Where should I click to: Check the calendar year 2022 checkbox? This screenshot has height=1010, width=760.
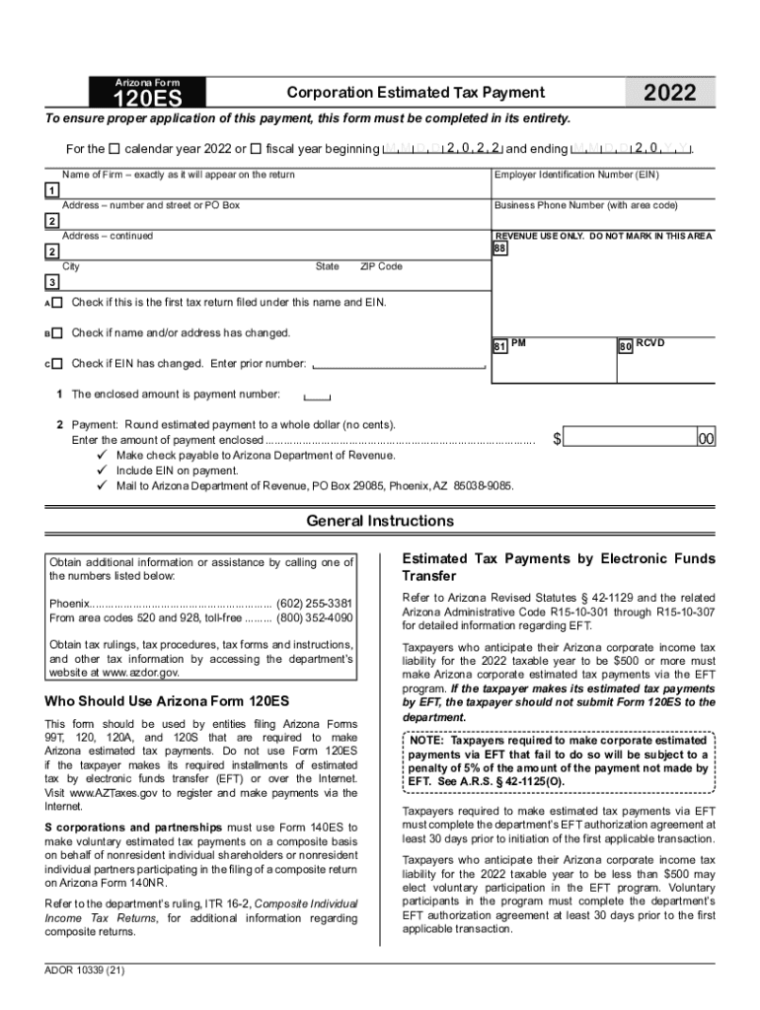(x=114, y=149)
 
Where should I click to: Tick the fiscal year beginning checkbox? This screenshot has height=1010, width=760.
(x=257, y=149)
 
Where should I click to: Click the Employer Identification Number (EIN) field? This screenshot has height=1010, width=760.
(x=602, y=190)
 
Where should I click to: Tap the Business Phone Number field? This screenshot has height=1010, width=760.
(x=602, y=221)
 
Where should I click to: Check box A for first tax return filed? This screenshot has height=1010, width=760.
(x=57, y=303)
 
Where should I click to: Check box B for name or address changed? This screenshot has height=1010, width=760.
(x=57, y=333)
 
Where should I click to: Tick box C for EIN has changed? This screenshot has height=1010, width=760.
(x=57, y=364)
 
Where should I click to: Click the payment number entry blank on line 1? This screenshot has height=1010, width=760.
(x=317, y=397)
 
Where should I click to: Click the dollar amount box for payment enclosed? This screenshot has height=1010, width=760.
(x=628, y=438)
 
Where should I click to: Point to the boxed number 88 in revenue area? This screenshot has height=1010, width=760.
(x=499, y=249)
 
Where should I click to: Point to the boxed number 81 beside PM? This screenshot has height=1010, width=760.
(x=500, y=347)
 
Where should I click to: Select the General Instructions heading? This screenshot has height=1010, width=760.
(x=380, y=521)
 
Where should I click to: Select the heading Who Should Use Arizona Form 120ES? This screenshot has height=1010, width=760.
(x=167, y=702)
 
